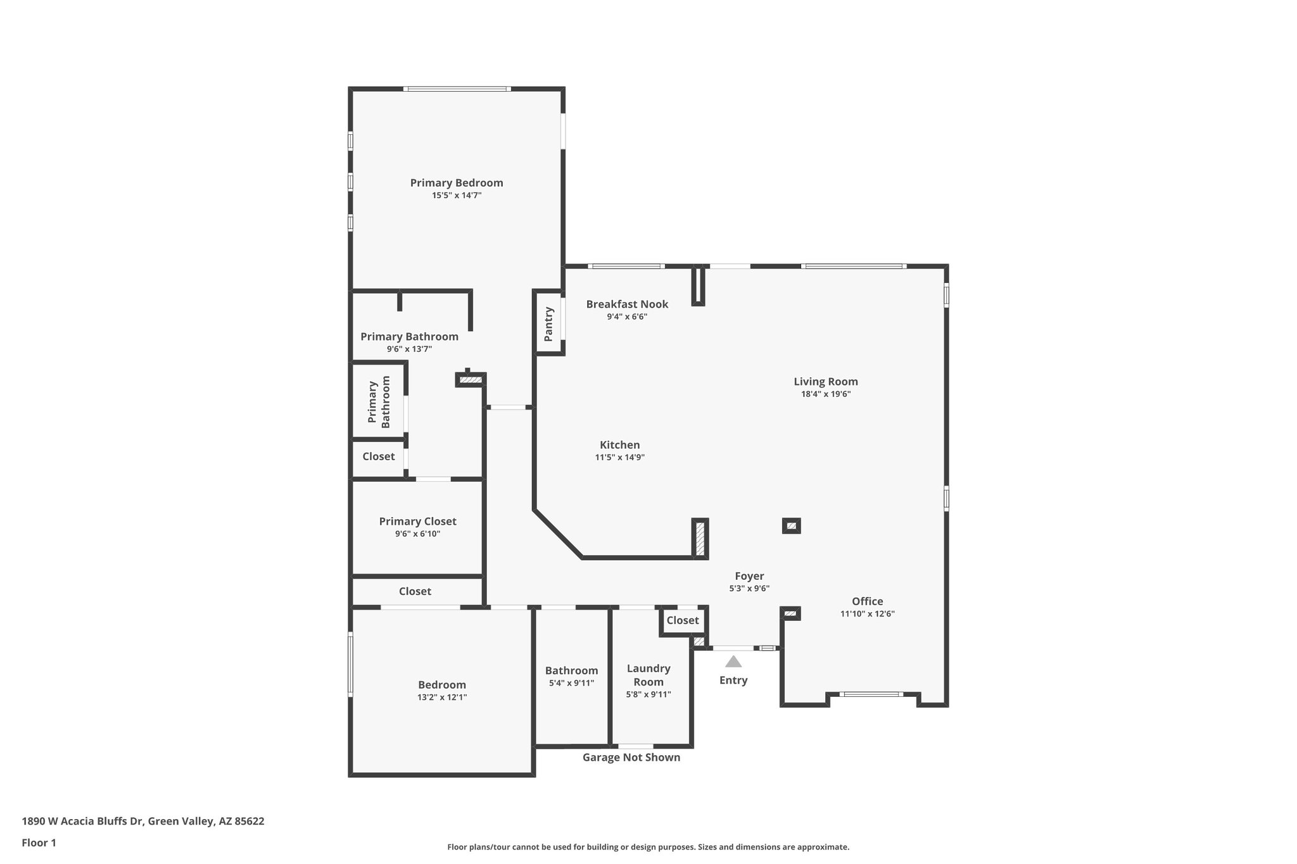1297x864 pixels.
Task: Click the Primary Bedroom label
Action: point(456,183)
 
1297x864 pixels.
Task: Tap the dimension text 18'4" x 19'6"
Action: point(825,394)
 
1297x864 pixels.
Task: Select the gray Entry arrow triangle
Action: point(733,661)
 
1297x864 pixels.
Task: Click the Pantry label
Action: point(548,324)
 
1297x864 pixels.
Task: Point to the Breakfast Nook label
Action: point(627,304)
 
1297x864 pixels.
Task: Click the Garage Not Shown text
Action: point(631,757)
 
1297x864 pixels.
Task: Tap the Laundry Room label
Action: point(648,675)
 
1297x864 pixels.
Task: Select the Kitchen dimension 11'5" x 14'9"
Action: point(619,457)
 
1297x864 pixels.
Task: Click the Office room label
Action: point(867,601)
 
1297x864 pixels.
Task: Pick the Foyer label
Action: point(749,576)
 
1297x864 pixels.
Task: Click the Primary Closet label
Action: point(417,522)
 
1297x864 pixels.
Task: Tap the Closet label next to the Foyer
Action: point(682,620)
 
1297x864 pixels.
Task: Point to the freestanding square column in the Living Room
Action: point(791,526)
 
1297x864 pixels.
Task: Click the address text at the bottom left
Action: point(143,821)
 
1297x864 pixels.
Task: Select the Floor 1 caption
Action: point(39,842)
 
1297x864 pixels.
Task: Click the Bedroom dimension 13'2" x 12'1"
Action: point(441,697)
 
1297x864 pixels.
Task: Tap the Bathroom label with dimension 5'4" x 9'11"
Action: point(571,670)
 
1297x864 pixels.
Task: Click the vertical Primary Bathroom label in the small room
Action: point(379,403)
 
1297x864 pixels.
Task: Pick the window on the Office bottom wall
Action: point(871,694)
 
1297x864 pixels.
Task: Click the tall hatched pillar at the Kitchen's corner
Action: point(700,538)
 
